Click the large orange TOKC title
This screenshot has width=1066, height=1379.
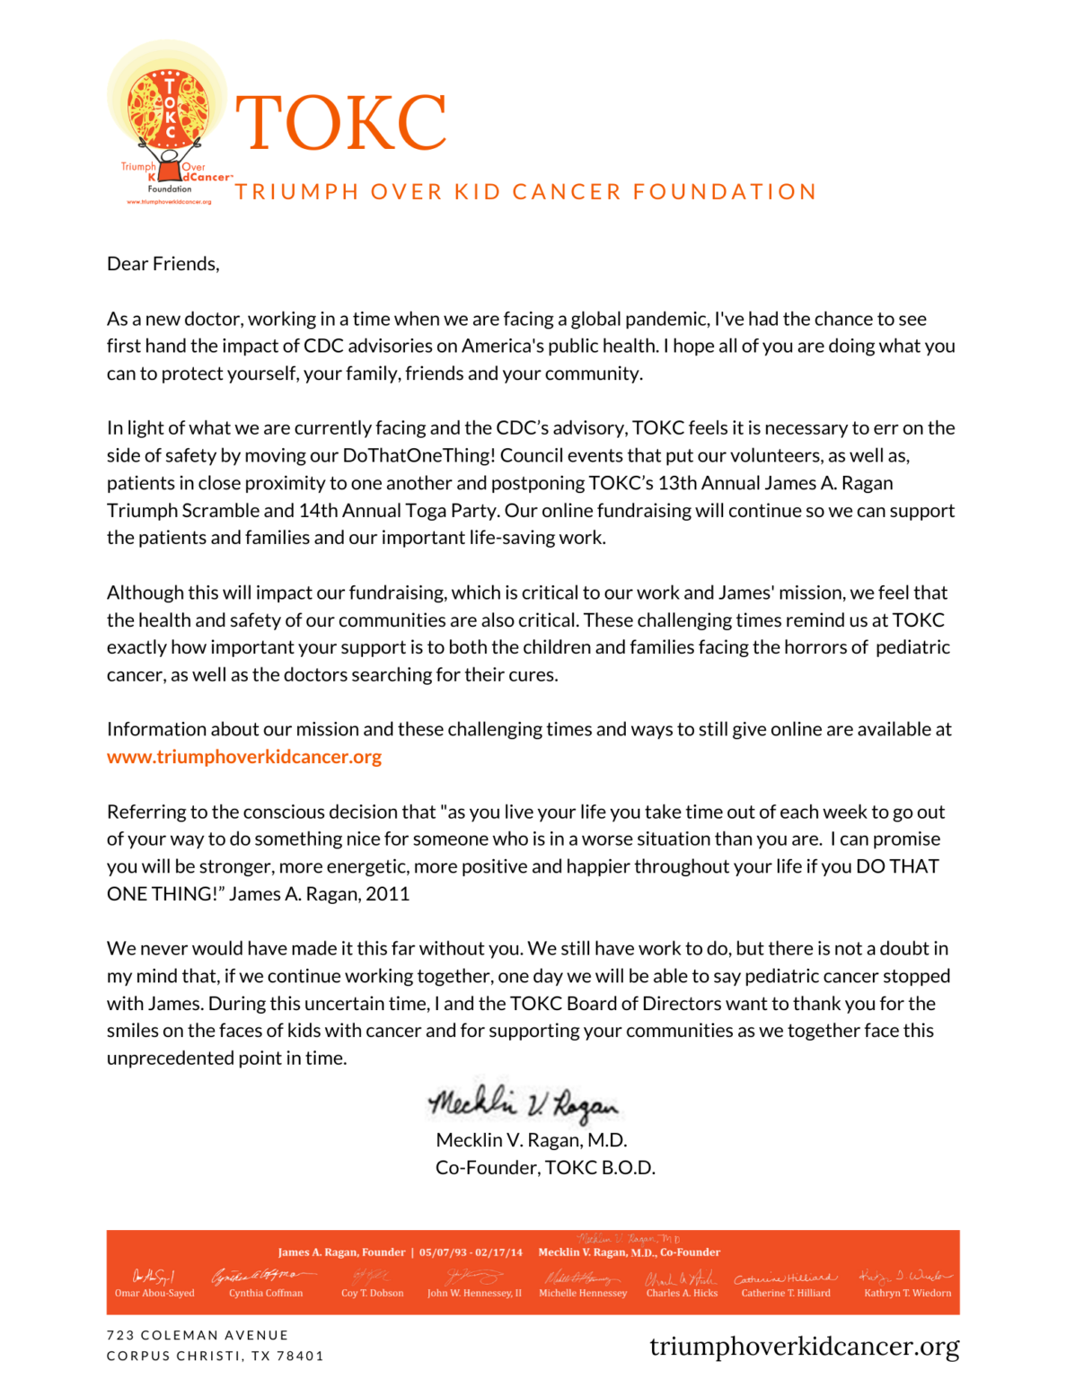pyautogui.click(x=340, y=123)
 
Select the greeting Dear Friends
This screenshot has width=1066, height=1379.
pyautogui.click(x=163, y=264)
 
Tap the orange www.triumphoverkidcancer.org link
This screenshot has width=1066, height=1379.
pyautogui.click(x=244, y=757)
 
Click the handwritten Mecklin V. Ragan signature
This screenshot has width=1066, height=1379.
pyautogui.click(x=524, y=1103)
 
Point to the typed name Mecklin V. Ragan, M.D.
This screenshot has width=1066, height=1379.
pyautogui.click(x=531, y=1140)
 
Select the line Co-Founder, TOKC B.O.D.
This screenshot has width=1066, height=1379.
pyautogui.click(x=545, y=1168)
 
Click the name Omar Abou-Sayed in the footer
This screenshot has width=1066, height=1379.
pyautogui.click(x=154, y=1293)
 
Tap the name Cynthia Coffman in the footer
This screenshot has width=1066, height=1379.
pyautogui.click(x=266, y=1293)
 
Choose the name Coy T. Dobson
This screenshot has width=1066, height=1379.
pyautogui.click(x=372, y=1293)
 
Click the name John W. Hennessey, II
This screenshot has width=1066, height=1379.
pyautogui.click(x=474, y=1293)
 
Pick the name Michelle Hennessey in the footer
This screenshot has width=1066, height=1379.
pyautogui.click(x=583, y=1293)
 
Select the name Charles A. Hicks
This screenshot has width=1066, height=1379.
pyautogui.click(x=682, y=1293)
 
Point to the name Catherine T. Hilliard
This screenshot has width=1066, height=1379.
pyautogui.click(x=786, y=1293)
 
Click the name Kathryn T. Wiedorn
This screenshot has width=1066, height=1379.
pyautogui.click(x=907, y=1293)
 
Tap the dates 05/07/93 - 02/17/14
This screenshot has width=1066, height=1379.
pyautogui.click(x=471, y=1252)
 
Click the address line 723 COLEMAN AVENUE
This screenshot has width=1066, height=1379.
pyautogui.click(x=198, y=1336)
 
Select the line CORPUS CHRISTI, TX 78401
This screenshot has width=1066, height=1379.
pyautogui.click(x=215, y=1356)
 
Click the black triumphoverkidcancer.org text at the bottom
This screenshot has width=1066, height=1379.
pyautogui.click(x=804, y=1347)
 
